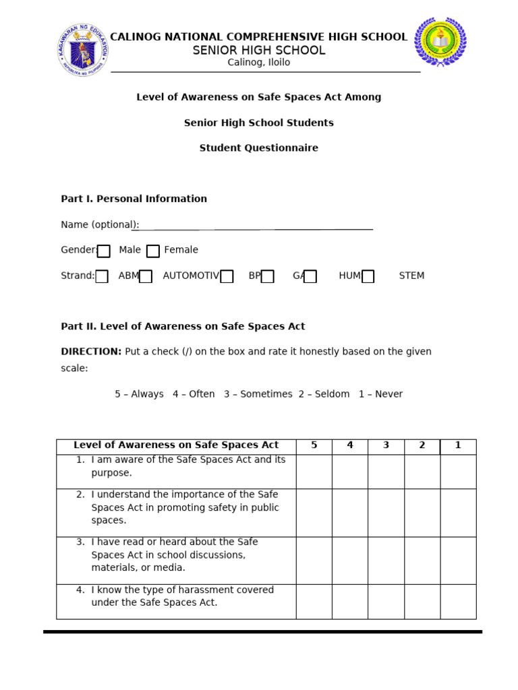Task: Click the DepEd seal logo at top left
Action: click(82, 50)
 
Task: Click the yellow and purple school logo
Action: click(440, 42)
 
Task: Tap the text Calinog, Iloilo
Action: click(258, 63)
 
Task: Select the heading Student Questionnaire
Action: click(258, 148)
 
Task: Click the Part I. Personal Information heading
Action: click(134, 199)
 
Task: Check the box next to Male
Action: click(103, 251)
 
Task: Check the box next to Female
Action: click(153, 251)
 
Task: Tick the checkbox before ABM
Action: click(102, 276)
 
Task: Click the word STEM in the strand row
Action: click(411, 276)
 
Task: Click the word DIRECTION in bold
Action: click(91, 352)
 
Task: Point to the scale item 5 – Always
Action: click(139, 394)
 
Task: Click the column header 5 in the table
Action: click(314, 445)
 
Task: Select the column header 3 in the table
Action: click(386, 445)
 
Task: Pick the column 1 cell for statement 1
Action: click(458, 472)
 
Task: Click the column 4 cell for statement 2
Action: click(349, 513)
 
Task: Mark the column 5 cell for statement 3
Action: click(314, 561)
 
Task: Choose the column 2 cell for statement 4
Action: click(422, 602)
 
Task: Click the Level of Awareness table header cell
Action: click(176, 445)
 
